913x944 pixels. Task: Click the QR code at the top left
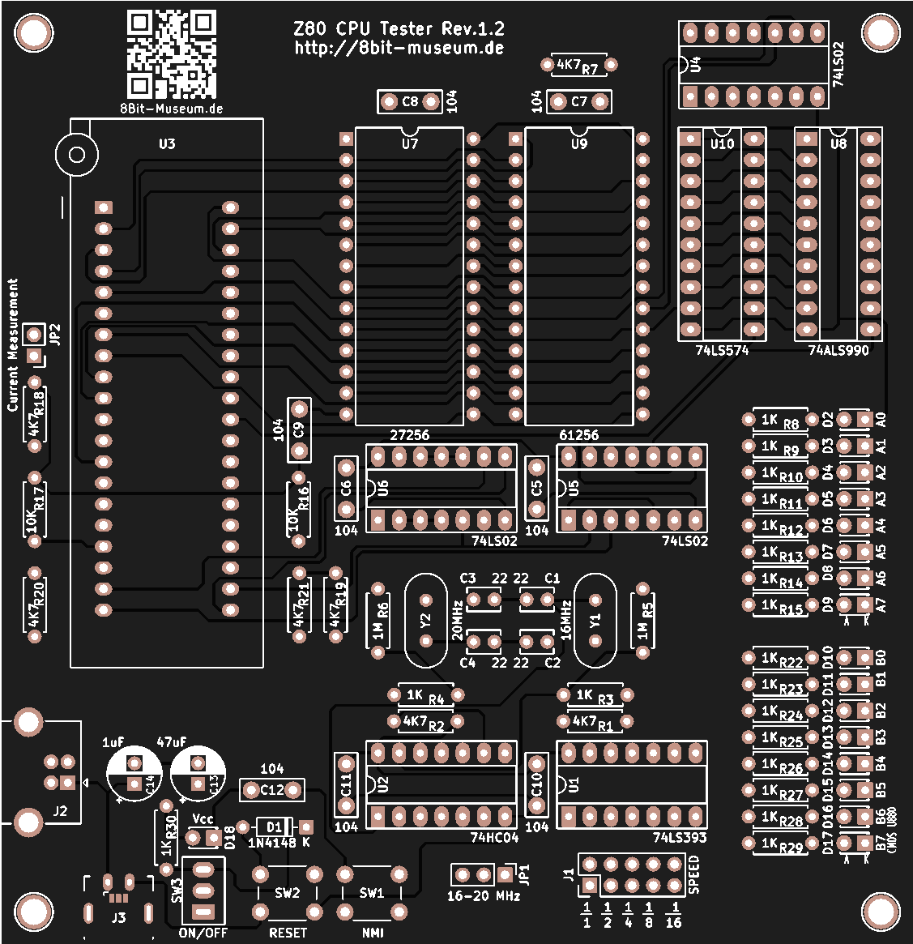click(x=172, y=54)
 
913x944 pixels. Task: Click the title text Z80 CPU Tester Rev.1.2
click(x=399, y=29)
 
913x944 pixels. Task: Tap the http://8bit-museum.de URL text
click(x=399, y=48)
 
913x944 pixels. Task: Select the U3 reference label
click(x=167, y=144)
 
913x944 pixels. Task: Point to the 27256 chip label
click(x=410, y=435)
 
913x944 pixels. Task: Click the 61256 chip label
click(x=579, y=435)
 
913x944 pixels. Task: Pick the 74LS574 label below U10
click(x=722, y=351)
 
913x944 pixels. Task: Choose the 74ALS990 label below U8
click(x=838, y=351)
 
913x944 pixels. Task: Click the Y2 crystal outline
click(x=425, y=621)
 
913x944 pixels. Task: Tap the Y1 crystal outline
click(x=595, y=621)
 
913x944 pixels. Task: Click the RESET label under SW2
click(x=288, y=933)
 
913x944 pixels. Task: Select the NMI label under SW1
click(x=373, y=933)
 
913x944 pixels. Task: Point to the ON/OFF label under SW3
click(x=203, y=933)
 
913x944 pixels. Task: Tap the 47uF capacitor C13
click(x=198, y=774)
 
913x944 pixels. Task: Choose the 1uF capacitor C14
click(x=134, y=774)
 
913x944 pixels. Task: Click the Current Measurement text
click(x=13, y=345)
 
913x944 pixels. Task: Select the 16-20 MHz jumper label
click(x=484, y=896)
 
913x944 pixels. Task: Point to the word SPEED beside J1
click(x=693, y=875)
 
